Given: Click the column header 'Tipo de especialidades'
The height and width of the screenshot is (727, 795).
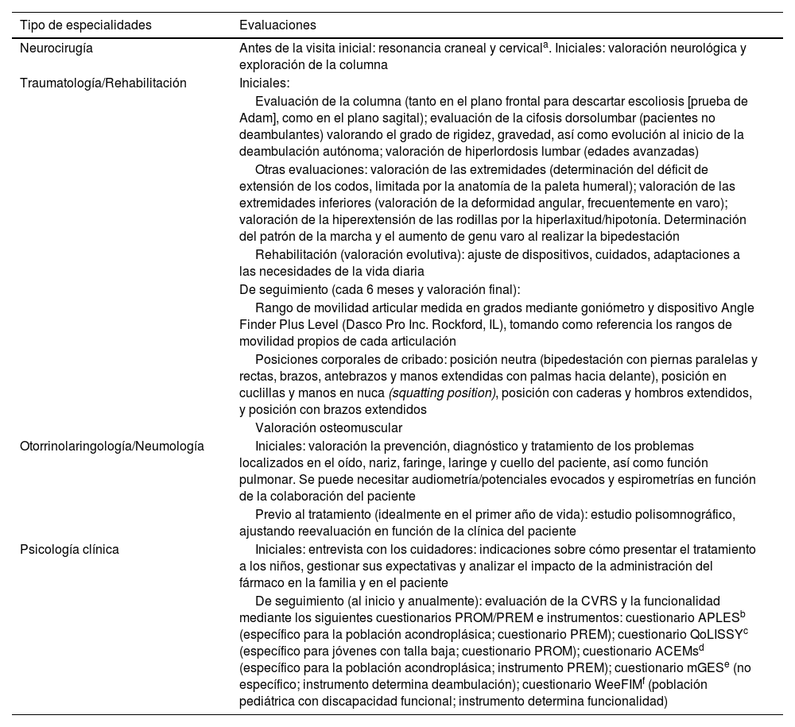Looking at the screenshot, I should click(x=85, y=25).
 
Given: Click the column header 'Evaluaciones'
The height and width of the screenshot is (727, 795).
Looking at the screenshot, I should click(x=277, y=25).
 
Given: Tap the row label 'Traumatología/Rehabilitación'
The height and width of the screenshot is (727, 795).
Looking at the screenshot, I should click(x=103, y=83).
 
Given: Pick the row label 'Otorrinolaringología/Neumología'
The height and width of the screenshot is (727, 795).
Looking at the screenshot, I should click(x=111, y=446).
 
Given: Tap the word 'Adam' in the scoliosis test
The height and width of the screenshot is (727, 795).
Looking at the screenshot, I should click(x=255, y=118).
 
